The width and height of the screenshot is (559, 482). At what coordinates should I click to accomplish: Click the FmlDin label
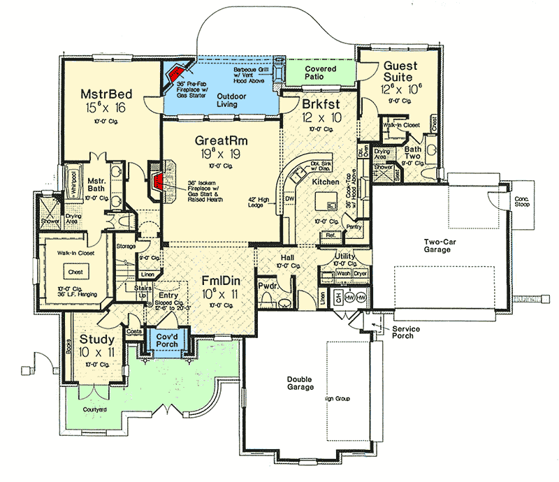pos(222,273)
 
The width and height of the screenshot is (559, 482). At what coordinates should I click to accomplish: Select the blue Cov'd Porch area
pos(166,345)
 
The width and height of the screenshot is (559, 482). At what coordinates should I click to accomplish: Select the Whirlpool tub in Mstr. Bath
pos(72,183)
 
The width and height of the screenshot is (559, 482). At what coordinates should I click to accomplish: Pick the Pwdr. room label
pos(268,286)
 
